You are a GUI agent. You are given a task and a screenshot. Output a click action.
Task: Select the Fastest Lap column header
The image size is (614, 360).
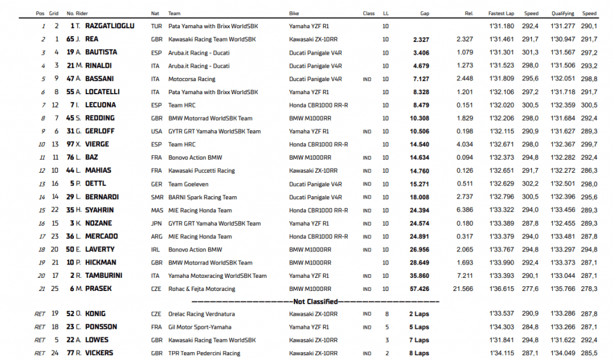501,13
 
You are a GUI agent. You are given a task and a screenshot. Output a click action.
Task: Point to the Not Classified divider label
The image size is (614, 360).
315,302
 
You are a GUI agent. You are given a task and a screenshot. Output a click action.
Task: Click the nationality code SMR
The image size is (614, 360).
156,197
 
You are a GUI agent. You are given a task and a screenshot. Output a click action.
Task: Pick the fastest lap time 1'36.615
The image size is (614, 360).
502,289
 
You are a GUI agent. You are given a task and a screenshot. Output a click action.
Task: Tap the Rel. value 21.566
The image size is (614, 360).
462,289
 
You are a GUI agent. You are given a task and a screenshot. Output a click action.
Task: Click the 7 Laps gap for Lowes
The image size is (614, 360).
419,340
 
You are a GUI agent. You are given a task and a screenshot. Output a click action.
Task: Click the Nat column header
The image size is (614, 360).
155,13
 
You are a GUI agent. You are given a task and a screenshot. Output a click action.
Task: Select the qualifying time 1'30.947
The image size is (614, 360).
562,39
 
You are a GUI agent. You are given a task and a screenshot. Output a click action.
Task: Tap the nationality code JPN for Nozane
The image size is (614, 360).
156,223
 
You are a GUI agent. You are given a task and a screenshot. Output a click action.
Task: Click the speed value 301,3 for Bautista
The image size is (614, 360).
531,52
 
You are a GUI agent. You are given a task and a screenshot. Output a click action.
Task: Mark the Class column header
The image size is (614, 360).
369,13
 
